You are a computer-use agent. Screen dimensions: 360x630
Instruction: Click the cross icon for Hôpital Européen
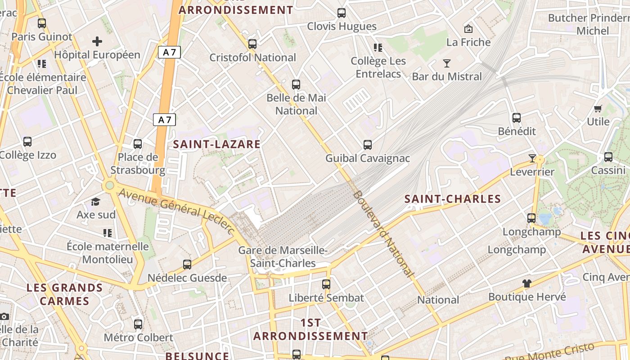pos(97,42)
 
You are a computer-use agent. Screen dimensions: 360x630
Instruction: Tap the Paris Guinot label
pos(42,37)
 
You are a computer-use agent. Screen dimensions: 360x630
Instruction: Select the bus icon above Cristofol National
pos(252,44)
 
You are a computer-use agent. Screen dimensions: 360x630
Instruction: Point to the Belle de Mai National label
pos(296,104)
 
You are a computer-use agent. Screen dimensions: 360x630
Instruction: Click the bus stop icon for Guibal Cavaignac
pos(368,145)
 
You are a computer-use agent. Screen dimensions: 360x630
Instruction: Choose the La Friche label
pos(468,42)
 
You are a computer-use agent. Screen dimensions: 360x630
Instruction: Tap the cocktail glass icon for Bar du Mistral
pos(447,63)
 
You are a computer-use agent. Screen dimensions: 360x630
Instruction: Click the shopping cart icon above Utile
pos(598,108)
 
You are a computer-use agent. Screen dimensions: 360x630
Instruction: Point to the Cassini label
pos(608,171)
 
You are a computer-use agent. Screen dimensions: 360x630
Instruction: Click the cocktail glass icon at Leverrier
pos(532,158)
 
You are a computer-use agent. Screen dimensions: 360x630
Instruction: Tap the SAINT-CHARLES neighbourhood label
pos(452,199)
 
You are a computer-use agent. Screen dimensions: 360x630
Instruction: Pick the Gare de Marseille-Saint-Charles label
pos(283,257)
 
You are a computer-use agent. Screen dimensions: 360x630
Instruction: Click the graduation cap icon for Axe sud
pos(95,202)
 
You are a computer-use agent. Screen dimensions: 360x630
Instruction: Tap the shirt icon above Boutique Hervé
pos(527,283)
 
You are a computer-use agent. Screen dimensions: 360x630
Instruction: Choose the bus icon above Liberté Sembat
pos(326,284)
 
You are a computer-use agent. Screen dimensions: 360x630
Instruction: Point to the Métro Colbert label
pos(139,337)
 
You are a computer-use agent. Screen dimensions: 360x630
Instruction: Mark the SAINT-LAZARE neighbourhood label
pos(217,144)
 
